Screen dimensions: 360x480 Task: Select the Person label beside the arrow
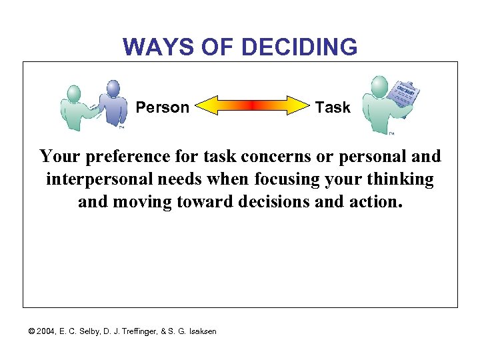[163, 107]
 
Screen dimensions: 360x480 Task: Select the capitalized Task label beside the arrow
[332, 107]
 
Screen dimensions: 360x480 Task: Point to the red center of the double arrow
[252, 106]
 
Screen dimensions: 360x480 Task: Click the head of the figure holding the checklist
[379, 85]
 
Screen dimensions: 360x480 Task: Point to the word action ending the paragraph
[380, 202]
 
